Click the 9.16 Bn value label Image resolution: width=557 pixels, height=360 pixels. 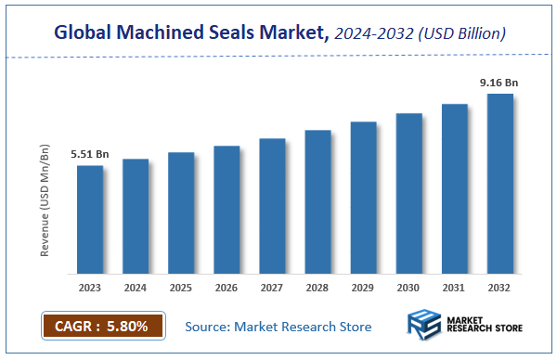click(x=499, y=84)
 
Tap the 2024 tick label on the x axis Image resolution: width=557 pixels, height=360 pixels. click(x=136, y=288)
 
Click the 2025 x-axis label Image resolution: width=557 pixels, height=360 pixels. click(x=181, y=288)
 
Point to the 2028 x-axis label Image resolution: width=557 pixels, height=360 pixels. click(x=317, y=288)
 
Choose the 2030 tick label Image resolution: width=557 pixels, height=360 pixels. click(x=408, y=288)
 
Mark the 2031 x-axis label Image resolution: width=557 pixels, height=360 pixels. click(x=454, y=288)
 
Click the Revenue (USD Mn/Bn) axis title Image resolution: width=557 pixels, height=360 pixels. click(x=44, y=199)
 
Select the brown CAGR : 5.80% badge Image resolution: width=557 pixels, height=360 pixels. click(x=102, y=326)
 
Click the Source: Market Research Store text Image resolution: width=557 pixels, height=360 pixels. click(x=278, y=327)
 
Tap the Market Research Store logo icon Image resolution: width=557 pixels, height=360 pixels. click(x=424, y=327)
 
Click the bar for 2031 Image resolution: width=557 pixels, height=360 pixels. click(x=454, y=189)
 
